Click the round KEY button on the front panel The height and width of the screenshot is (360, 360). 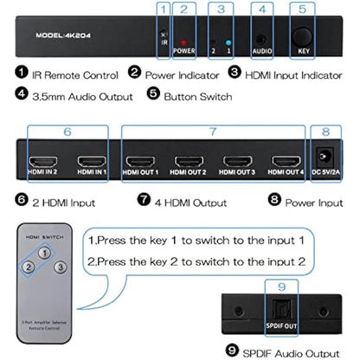(303, 39)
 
